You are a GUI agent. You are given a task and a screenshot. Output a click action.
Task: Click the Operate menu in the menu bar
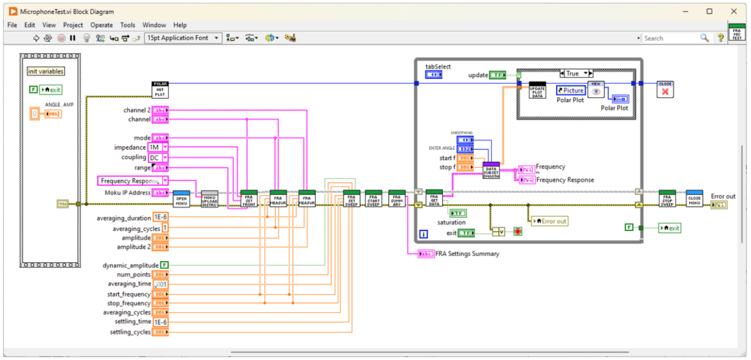(101, 25)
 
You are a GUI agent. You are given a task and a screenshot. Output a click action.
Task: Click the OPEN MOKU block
(181, 199)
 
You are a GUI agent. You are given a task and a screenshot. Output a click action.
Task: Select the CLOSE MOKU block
(694, 199)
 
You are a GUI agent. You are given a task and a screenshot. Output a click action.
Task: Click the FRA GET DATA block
(434, 199)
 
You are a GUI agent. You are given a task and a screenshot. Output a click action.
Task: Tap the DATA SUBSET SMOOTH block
(491, 171)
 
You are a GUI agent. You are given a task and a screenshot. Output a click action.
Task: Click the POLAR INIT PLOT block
(160, 90)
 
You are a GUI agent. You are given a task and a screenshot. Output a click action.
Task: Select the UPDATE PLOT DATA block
(538, 90)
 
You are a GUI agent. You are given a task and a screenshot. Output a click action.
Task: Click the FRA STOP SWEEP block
(667, 199)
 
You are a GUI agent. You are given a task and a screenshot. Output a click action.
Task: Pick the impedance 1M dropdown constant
(158, 147)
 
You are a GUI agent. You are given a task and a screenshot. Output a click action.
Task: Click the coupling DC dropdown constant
(158, 157)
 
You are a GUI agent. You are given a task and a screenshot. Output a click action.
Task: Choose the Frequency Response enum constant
(133, 181)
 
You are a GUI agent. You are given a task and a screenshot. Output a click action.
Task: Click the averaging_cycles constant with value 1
(165, 228)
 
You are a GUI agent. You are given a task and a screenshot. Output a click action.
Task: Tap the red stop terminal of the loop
(518, 232)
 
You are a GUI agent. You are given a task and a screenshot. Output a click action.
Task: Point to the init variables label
(45, 71)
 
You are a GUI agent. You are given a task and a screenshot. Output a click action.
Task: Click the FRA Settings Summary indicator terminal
(426, 254)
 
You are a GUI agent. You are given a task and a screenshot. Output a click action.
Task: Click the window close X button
(733, 11)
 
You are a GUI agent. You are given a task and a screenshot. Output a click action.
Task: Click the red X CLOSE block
(665, 90)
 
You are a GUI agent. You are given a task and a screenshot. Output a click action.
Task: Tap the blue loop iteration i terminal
(423, 234)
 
